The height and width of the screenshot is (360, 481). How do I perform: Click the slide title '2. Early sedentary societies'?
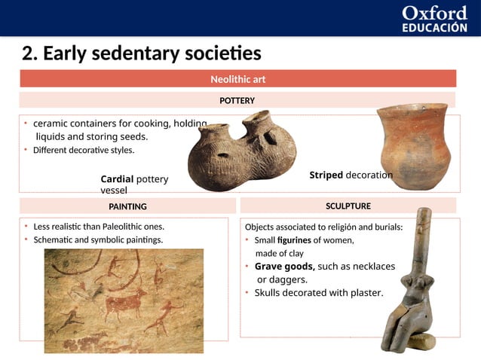(142, 54)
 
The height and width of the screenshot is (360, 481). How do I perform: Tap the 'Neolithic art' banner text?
(237, 79)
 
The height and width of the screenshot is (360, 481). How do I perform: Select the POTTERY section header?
(237, 100)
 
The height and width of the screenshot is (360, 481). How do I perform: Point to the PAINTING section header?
(127, 206)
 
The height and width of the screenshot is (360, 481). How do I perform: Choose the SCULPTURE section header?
(348, 206)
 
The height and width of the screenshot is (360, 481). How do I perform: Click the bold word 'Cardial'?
(117, 179)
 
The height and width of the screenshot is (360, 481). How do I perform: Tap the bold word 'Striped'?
(326, 175)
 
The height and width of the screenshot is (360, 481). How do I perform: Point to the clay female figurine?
(411, 286)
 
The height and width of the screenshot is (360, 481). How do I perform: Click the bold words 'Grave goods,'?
(284, 267)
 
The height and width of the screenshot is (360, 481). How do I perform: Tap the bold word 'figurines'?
(293, 240)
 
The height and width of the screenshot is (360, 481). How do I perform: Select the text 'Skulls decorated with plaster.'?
(319, 292)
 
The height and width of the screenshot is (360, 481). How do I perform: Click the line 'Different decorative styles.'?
(84, 150)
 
